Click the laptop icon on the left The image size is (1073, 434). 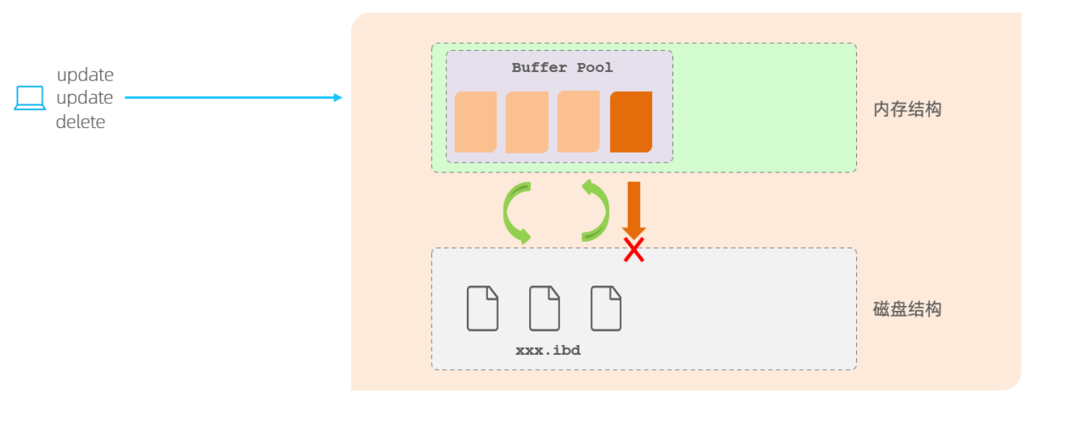[x=30, y=98]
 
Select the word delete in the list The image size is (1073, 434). [x=81, y=122]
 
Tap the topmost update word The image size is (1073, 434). [x=85, y=75]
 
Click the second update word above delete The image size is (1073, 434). [x=85, y=98]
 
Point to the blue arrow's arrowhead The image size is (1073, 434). [x=338, y=98]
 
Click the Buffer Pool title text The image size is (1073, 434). [x=562, y=68]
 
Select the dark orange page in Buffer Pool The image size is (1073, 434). [x=631, y=122]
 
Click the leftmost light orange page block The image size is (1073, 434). [x=475, y=122]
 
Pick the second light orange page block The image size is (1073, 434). [x=527, y=122]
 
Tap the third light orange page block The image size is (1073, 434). [x=579, y=122]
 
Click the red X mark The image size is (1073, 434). [x=634, y=250]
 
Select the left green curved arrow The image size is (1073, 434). [x=517, y=213]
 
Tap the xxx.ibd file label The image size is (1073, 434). [x=548, y=351]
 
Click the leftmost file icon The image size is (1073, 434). [x=482, y=308]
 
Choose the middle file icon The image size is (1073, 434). [x=545, y=308]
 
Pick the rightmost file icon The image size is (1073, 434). [x=606, y=308]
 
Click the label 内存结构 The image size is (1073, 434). [x=907, y=110]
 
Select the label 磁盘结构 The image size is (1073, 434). [x=907, y=309]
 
